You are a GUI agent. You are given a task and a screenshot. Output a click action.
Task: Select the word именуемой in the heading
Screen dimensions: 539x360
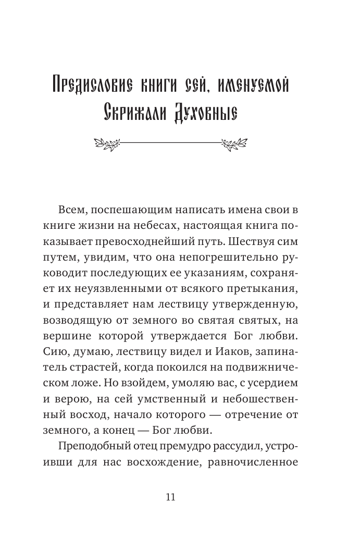(260, 85)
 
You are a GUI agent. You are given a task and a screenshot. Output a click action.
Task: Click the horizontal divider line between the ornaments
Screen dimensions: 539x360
(170, 141)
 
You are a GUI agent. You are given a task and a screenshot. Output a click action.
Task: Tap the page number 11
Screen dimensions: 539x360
(170, 496)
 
